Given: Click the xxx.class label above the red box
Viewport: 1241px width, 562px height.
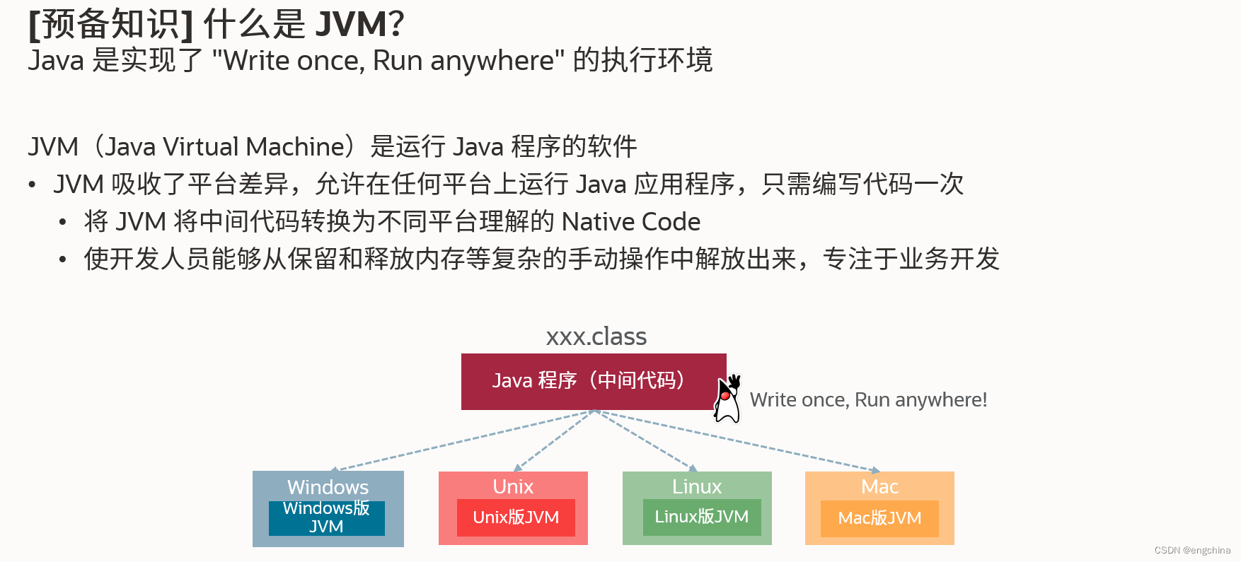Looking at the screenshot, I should tap(596, 336).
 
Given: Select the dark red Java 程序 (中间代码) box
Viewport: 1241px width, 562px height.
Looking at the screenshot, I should tap(593, 381).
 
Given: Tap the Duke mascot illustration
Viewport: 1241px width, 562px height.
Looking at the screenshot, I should tap(727, 400).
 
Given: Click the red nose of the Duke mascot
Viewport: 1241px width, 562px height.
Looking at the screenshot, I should tap(725, 395).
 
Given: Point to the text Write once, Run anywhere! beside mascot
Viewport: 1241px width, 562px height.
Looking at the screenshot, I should tap(868, 400).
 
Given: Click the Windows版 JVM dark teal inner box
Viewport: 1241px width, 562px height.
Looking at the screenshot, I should tap(326, 517).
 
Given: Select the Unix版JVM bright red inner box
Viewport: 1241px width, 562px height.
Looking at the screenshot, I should tap(516, 517).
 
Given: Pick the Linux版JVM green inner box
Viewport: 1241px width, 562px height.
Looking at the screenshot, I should tap(701, 517).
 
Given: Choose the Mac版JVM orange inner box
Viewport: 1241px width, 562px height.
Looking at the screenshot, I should tap(879, 518).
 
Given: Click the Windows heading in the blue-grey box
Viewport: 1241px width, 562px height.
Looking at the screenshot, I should tap(328, 487).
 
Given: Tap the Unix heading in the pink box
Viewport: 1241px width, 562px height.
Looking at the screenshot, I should tap(513, 486).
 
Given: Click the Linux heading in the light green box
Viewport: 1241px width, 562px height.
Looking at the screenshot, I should tap(697, 486).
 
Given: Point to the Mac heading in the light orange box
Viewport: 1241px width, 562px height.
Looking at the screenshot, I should tap(879, 486).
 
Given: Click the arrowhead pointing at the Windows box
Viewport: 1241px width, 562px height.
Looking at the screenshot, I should tap(335, 469).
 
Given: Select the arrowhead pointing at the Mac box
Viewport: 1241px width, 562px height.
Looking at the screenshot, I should tap(875, 469).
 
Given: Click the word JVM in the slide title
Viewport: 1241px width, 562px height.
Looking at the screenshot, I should tap(351, 25).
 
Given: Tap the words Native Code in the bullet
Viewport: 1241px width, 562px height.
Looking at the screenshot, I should tap(630, 222).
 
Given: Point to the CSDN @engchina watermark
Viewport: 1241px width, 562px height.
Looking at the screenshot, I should tap(1192, 550).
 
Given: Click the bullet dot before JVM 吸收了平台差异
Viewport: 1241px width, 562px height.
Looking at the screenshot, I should tap(32, 185).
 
